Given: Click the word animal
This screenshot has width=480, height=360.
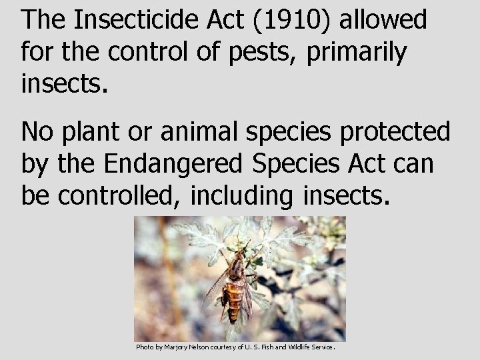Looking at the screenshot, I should point(201,132).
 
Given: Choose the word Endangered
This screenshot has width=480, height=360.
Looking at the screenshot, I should point(175,163).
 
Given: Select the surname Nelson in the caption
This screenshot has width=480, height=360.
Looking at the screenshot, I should point(207,347).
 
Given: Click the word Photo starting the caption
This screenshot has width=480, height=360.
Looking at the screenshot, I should point(144,347).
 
